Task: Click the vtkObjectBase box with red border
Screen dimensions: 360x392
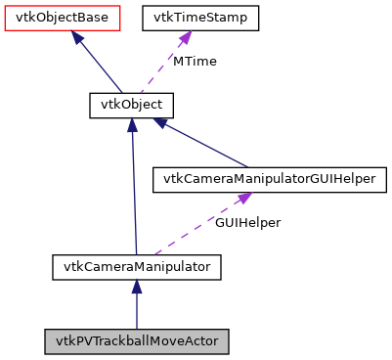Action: point(63,19)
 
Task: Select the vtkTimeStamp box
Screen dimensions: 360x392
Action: point(200,19)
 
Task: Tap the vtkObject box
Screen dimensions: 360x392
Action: point(131,105)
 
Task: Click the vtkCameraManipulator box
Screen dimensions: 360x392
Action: point(137,265)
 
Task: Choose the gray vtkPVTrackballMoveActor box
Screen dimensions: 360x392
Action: point(137,341)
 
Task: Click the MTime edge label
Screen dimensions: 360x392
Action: point(195,62)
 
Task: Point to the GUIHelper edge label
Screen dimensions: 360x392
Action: point(248,222)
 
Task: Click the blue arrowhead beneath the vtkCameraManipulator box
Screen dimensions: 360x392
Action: point(137,286)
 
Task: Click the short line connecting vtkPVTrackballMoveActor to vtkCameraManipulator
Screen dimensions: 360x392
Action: point(137,311)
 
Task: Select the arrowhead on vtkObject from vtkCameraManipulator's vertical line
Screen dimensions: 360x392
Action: point(131,126)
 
